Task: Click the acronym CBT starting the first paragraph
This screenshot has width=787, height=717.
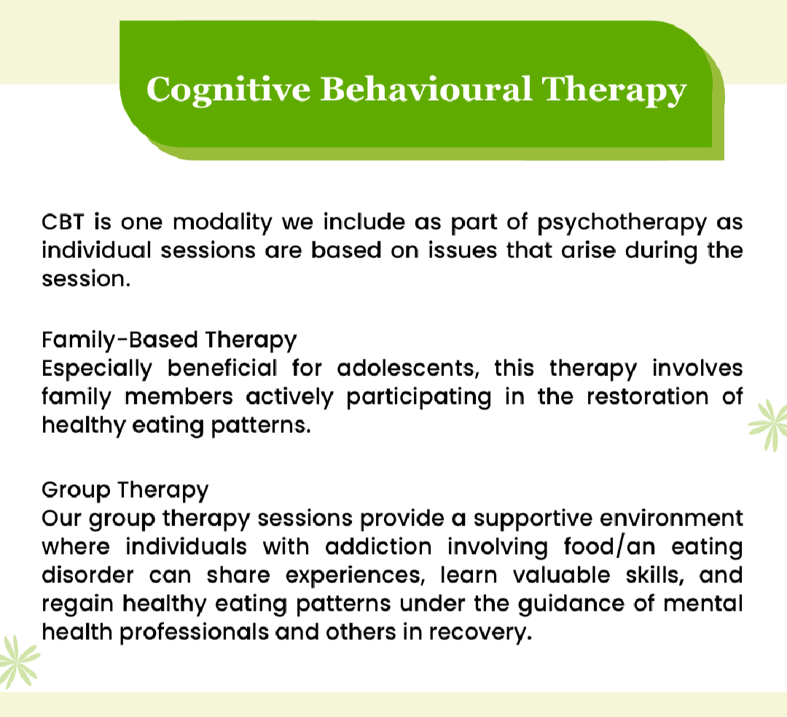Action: (61, 221)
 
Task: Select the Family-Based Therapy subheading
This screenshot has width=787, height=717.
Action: (169, 340)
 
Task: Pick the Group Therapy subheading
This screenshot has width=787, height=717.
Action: (125, 490)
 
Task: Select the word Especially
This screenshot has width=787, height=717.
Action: (97, 369)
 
